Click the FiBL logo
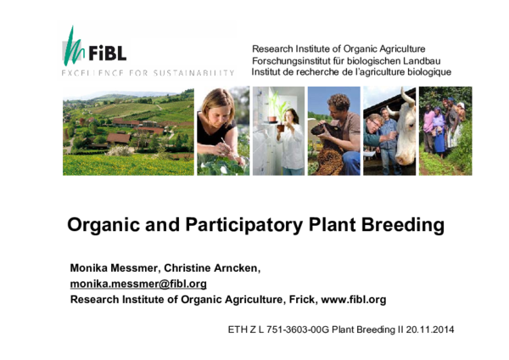click(94, 49)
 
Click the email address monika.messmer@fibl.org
click(138, 284)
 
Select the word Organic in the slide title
click(101, 226)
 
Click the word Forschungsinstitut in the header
click(294, 61)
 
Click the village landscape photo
click(127, 131)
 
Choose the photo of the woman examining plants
click(223, 131)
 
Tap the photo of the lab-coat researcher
click(278, 131)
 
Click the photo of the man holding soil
click(333, 131)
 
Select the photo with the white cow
click(389, 131)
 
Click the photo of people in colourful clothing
click(445, 131)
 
